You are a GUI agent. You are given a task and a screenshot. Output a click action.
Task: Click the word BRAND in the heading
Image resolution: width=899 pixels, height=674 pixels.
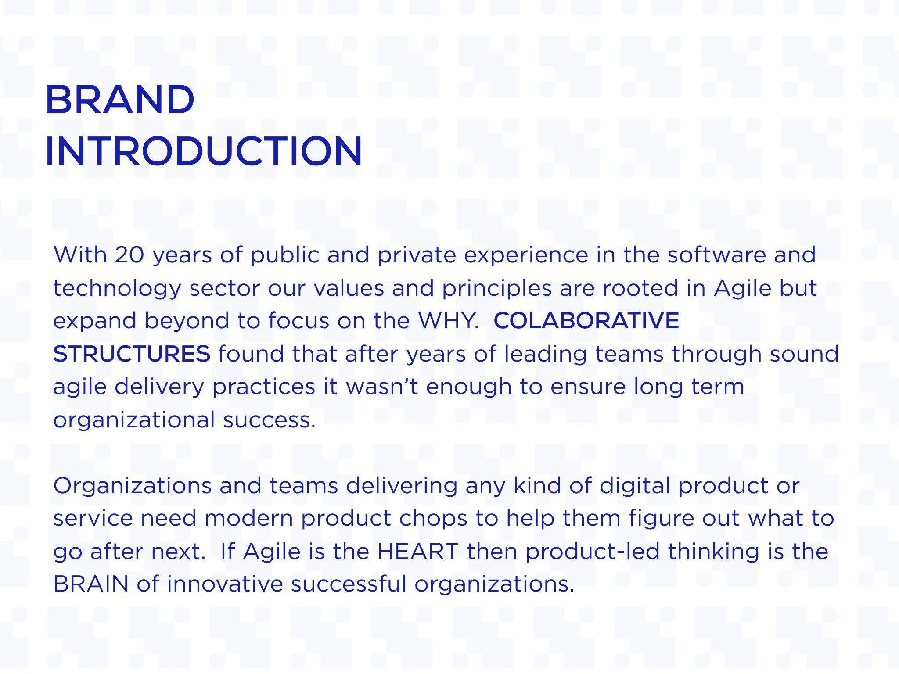[x=120, y=100]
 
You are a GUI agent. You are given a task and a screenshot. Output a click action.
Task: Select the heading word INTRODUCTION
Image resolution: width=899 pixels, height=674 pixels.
[x=204, y=151]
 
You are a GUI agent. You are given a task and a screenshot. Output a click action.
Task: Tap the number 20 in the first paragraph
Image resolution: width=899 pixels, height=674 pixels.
[x=129, y=255]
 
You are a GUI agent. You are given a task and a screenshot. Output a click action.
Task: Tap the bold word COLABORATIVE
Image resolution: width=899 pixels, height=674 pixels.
[x=586, y=321]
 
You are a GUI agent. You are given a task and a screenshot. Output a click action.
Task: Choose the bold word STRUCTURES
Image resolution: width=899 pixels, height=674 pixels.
[x=132, y=354]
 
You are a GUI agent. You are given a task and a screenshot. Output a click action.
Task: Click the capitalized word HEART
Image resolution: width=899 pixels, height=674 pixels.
[x=418, y=552]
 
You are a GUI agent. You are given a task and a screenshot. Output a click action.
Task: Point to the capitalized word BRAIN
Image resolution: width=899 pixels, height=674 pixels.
[x=91, y=584]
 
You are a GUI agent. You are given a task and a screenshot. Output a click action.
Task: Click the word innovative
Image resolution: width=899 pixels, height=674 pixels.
[x=225, y=584]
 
